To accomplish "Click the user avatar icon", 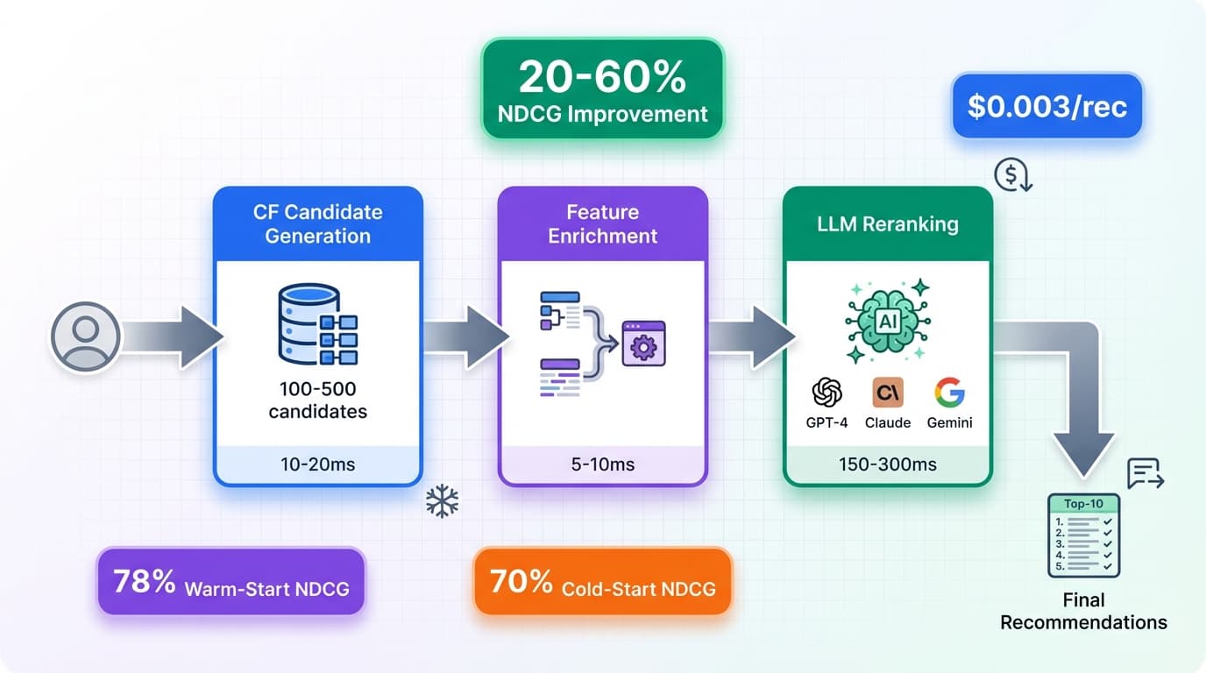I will pyautogui.click(x=86, y=337).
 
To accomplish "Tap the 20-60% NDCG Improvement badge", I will pyautogui.click(x=603, y=89).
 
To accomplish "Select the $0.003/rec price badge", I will pyautogui.click(x=1046, y=106).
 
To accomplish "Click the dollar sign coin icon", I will pyautogui.click(x=1012, y=175).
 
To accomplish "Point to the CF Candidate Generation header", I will pyautogui.click(x=318, y=223).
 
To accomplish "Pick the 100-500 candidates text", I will pyautogui.click(x=318, y=400).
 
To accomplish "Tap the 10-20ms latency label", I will pyautogui.click(x=318, y=464).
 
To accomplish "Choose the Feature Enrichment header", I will pyautogui.click(x=603, y=223).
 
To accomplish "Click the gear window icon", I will pyautogui.click(x=643, y=344).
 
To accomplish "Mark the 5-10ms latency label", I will pyautogui.click(x=603, y=464).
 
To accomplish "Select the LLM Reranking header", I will pyautogui.click(x=888, y=223).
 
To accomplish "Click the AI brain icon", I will pyautogui.click(x=888, y=321).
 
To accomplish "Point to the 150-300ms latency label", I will pyautogui.click(x=888, y=464).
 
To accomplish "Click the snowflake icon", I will pyautogui.click(x=442, y=502).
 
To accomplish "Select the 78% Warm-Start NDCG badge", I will pyautogui.click(x=231, y=582).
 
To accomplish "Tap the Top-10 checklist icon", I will pyautogui.click(x=1083, y=535).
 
